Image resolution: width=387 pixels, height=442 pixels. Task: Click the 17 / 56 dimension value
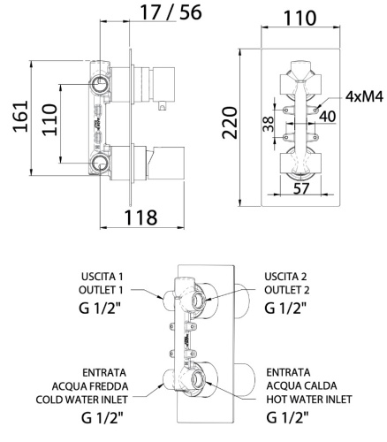point(170,13)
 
